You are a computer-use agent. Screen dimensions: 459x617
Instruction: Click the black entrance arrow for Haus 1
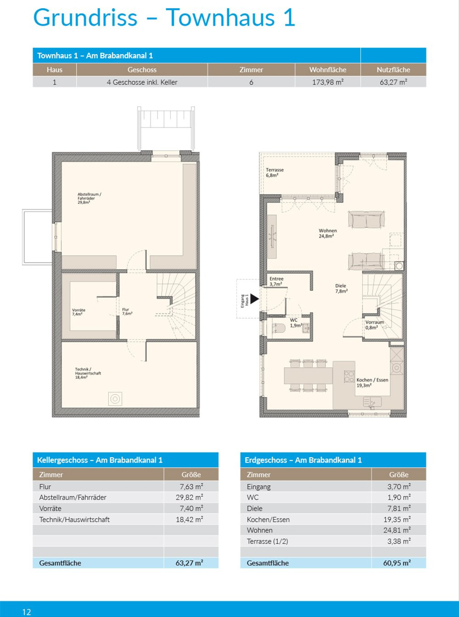tap(254, 299)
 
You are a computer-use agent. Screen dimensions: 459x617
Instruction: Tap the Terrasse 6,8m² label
tap(274, 173)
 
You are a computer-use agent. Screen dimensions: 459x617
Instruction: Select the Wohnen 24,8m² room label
tap(327, 233)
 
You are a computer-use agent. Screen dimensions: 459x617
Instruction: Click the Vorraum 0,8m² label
tap(374, 325)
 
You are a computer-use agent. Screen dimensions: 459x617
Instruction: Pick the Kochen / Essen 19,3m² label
tap(372, 383)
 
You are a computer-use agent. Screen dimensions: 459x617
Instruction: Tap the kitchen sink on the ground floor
tap(372, 402)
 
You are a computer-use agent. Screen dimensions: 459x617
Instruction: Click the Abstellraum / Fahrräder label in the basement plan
tap(89, 199)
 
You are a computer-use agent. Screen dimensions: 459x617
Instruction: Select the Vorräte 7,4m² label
tap(78, 312)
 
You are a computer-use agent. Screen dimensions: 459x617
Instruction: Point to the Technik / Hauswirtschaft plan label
tap(88, 373)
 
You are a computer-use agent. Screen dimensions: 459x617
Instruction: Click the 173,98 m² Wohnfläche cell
tap(328, 82)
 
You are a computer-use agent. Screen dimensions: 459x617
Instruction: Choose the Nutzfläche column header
tap(393, 70)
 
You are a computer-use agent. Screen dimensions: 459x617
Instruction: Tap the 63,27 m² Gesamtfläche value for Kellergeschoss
tap(189, 563)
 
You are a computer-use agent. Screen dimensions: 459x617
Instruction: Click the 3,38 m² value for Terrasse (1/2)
tap(399, 541)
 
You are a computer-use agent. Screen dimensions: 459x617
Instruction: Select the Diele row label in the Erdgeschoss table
tap(254, 508)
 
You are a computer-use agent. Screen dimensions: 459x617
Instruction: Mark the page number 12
tap(27, 612)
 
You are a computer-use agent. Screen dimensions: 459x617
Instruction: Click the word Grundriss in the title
tap(85, 18)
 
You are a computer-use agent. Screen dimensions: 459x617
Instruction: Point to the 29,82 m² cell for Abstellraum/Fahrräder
tap(189, 497)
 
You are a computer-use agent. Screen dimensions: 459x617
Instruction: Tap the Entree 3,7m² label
tap(276, 281)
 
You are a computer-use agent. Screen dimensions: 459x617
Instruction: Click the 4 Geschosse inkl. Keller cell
tap(142, 82)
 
